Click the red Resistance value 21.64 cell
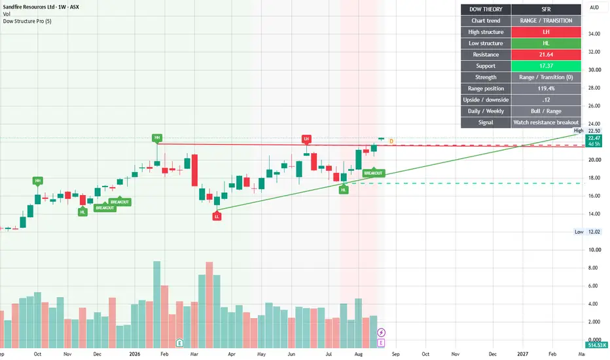pyautogui.click(x=546, y=54)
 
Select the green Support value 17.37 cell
pyautogui.click(x=546, y=65)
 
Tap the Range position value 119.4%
pyautogui.click(x=546, y=88)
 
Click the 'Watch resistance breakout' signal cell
pyautogui.click(x=546, y=122)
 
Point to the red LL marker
pyautogui.click(x=217, y=216)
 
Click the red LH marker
pyautogui.click(x=306, y=139)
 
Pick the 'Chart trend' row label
pyautogui.click(x=486, y=21)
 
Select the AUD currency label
pyautogui.click(x=594, y=7)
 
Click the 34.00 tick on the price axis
pyautogui.click(x=594, y=34)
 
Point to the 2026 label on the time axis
pyautogui.click(x=135, y=353)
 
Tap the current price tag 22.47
pyautogui.click(x=594, y=138)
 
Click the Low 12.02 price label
pyautogui.click(x=588, y=232)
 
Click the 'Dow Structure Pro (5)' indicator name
pyautogui.click(x=27, y=21)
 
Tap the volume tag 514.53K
pyautogui.click(x=597, y=345)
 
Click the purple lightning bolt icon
pyautogui.click(x=381, y=333)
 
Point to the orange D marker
pyautogui.click(x=391, y=141)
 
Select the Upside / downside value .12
pyautogui.click(x=546, y=99)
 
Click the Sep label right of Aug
pyautogui.click(x=395, y=353)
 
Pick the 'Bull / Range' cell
pyautogui.click(x=546, y=111)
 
